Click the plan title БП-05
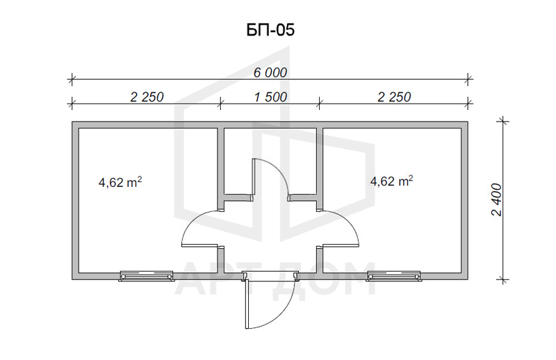click(270, 30)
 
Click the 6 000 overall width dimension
click(270, 72)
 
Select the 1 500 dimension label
click(270, 97)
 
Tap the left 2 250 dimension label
click(147, 97)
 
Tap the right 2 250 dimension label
click(394, 97)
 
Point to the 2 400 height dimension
click(497, 199)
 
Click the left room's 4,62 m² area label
click(120, 182)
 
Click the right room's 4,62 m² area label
click(391, 181)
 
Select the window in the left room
click(146, 276)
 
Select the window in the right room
click(394, 276)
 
